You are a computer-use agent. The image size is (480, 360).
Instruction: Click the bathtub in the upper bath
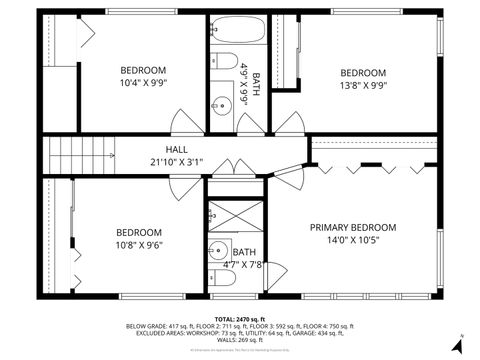237,30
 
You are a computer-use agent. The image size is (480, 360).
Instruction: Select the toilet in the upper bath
224,58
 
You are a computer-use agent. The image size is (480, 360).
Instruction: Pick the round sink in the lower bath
217,249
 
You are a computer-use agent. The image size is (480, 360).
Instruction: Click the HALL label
176,149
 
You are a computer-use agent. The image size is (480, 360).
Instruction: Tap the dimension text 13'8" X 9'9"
362,85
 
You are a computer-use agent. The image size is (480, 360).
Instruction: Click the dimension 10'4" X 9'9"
143,84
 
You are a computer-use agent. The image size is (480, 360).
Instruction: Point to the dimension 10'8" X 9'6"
138,245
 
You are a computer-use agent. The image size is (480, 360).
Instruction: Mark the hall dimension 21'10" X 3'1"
176,161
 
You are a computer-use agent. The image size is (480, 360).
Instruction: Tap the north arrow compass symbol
456,343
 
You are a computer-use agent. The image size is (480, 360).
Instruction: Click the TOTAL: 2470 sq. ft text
240,317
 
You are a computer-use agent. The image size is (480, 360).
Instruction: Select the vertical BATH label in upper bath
256,84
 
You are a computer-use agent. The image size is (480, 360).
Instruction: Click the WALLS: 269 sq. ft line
240,340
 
